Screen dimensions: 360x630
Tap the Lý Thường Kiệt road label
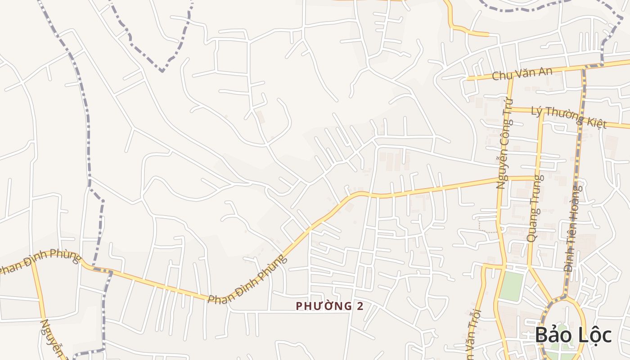569,117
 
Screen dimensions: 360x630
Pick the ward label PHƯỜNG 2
329,306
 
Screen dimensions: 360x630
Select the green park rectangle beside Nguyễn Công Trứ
512,286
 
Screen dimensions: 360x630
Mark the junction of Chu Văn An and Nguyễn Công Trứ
511,77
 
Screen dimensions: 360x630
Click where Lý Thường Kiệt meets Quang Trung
543,111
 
